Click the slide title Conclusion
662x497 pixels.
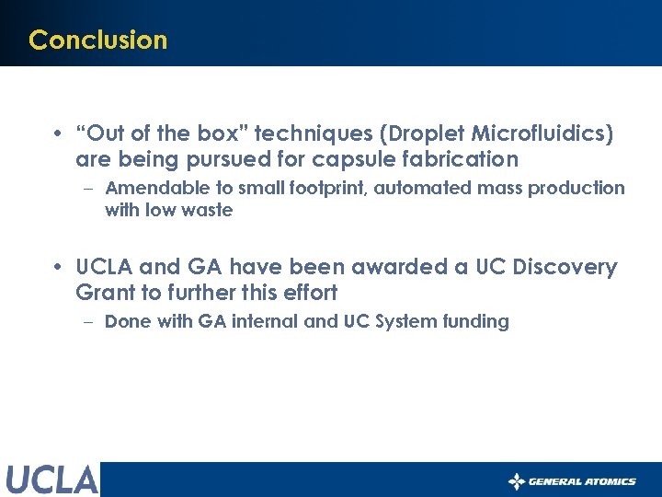pyautogui.click(x=97, y=40)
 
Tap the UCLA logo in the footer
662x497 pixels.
pyautogui.click(x=51, y=480)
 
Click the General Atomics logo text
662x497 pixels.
pyautogui.click(x=581, y=481)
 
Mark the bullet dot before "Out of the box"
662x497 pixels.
pyautogui.click(x=57, y=133)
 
